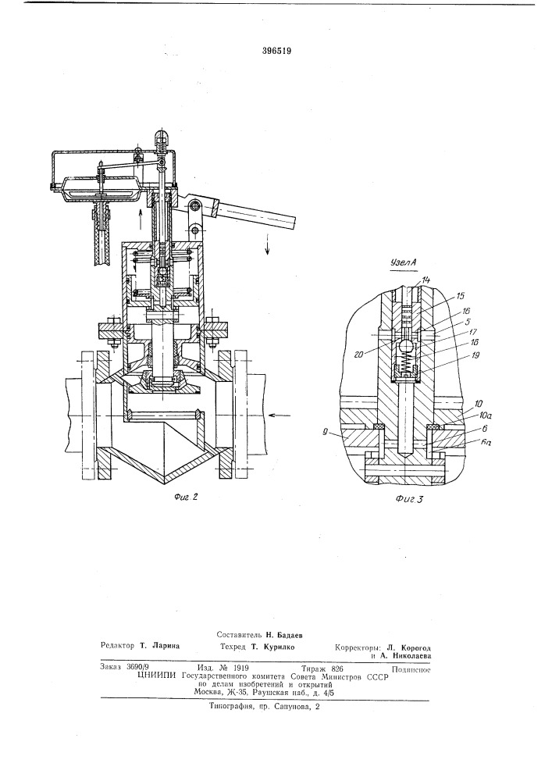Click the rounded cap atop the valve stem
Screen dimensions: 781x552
pos(162,141)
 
